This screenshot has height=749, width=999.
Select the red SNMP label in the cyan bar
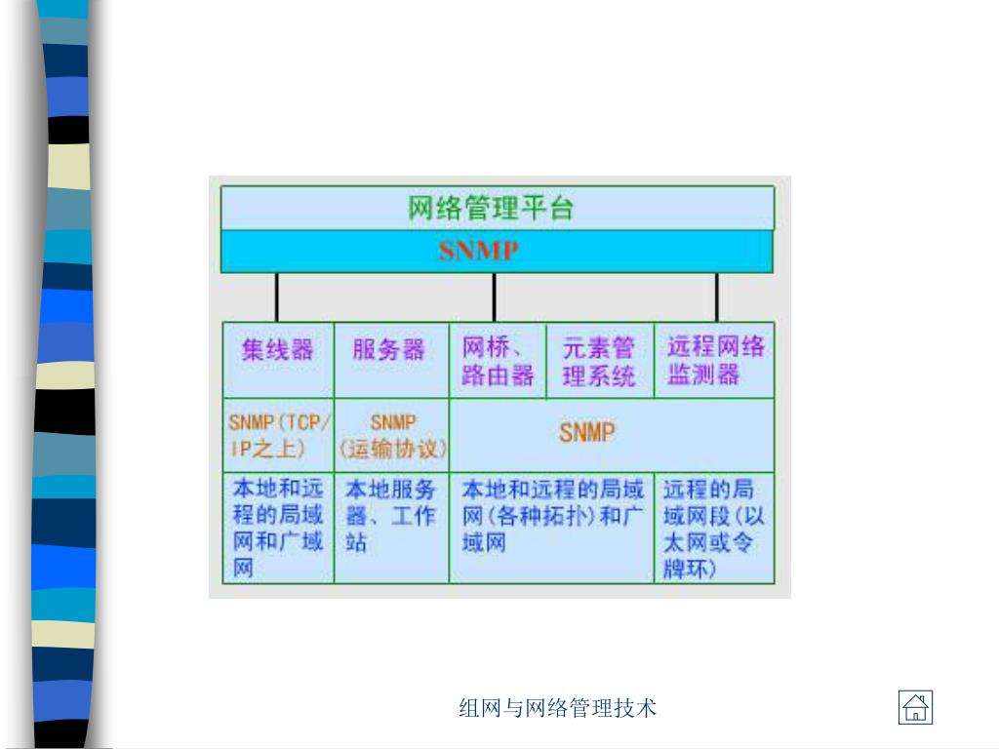[478, 251]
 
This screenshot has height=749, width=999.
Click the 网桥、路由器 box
[498, 361]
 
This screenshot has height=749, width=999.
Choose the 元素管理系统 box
[599, 361]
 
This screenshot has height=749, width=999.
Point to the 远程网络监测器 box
[715, 361]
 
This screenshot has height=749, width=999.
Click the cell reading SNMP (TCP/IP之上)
[279, 435]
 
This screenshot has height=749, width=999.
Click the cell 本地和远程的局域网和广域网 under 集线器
[279, 528]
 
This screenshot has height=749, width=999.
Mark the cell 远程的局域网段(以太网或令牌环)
[714, 528]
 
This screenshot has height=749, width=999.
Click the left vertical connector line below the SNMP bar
[277, 296]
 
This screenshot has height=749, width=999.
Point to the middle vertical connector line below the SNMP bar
[494, 296]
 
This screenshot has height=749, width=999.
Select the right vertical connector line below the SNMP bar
[717, 296]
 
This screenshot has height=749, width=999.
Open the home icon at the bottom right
[915, 707]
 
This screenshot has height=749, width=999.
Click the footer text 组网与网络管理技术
[558, 708]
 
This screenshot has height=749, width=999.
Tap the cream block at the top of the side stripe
[68, 166]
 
